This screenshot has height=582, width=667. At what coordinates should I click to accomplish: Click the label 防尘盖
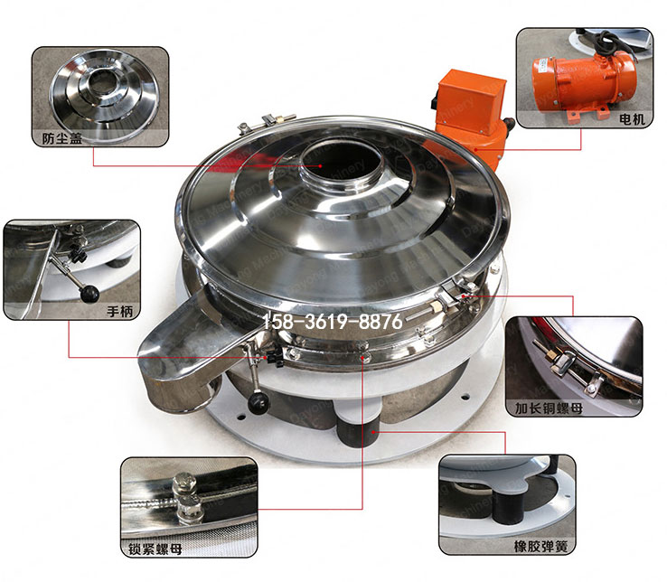(x=62, y=138)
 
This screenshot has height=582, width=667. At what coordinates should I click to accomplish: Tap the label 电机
(x=632, y=118)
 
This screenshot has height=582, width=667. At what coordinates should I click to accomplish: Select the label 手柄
(x=119, y=312)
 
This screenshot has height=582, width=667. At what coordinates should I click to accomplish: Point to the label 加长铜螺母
(x=549, y=408)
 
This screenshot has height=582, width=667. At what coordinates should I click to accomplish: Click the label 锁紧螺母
(x=155, y=549)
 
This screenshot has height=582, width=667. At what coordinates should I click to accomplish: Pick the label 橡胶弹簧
(x=540, y=546)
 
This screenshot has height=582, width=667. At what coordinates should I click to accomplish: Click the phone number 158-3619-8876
(x=332, y=322)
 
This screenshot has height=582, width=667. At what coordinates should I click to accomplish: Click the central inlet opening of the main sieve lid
(x=341, y=164)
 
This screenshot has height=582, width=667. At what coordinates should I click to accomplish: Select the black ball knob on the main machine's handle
(x=258, y=402)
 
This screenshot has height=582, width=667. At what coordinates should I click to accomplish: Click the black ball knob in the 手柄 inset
(x=89, y=293)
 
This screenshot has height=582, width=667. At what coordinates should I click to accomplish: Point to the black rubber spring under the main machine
(x=357, y=429)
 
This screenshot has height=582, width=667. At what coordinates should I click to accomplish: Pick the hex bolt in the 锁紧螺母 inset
(x=187, y=498)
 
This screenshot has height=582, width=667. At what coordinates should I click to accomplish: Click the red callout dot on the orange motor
(x=476, y=149)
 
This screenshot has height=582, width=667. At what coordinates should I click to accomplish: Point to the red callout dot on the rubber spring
(x=373, y=432)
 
